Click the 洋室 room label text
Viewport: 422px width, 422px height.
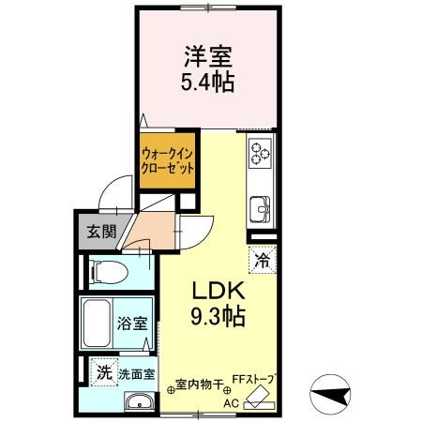[x=207, y=56]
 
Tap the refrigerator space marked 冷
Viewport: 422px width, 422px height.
[x=262, y=253]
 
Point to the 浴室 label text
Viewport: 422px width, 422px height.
[x=132, y=324]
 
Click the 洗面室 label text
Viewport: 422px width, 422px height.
[x=135, y=374]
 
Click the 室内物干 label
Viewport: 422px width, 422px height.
[x=201, y=384]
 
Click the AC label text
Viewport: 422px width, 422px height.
[x=231, y=403]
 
